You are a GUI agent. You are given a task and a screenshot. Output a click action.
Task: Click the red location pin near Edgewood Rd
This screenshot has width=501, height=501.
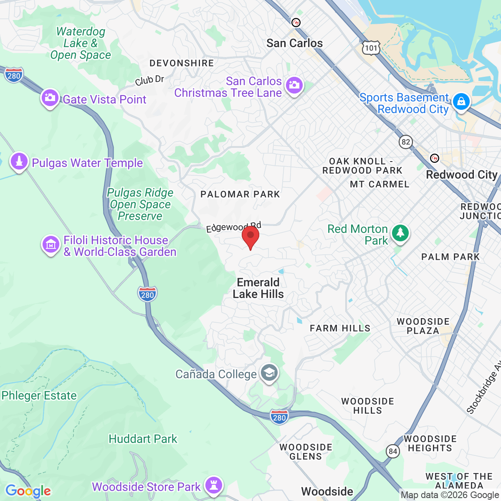pos(250,236)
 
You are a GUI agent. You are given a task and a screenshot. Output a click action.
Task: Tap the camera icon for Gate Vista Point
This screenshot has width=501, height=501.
pos(50,98)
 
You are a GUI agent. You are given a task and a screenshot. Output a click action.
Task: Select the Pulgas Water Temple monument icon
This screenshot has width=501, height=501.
pos(19,161)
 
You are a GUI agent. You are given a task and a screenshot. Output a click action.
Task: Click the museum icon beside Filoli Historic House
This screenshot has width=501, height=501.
pos(51,244)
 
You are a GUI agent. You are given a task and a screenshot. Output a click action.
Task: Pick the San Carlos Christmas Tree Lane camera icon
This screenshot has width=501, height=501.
pos(294,86)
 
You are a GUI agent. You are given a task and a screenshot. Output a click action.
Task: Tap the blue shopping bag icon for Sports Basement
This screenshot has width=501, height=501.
pos(461,102)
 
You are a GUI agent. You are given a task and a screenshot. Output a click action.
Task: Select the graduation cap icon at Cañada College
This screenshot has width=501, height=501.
pos(269,372)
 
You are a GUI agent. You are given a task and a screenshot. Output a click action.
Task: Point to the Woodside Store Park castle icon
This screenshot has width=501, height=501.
pos(214,485)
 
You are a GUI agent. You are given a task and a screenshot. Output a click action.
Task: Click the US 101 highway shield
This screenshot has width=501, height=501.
pos(371,48)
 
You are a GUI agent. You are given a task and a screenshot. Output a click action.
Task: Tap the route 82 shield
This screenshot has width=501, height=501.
pos(405,142)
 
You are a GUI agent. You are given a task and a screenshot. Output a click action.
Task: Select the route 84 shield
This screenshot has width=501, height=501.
pos(392,451)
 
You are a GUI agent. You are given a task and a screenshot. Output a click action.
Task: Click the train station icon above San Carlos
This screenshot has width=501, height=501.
pos(296,22)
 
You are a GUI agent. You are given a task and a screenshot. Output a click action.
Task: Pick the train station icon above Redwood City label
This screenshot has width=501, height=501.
pos(435,158)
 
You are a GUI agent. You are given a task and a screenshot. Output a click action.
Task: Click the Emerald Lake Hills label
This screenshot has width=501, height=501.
pos(258,288)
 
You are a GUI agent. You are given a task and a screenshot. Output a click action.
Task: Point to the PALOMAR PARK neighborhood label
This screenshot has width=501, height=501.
pos(240,194)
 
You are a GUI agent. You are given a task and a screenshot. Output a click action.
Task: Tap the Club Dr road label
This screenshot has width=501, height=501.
pos(149,80)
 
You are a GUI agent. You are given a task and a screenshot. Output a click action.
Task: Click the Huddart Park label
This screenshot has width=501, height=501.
pos(143,439)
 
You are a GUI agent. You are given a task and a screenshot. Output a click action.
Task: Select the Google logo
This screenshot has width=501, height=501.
pos(28,491)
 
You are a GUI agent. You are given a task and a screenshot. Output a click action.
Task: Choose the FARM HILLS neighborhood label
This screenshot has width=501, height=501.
pos(340,328)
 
